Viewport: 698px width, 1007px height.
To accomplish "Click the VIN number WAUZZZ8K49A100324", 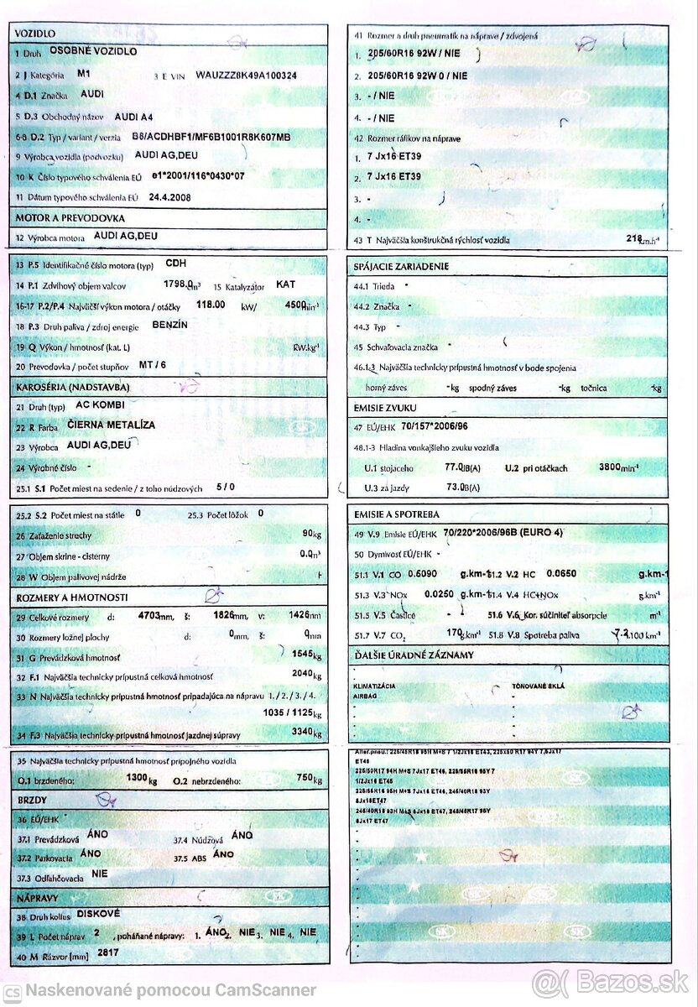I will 246,75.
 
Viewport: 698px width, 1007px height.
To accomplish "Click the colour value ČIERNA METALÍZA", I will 111,425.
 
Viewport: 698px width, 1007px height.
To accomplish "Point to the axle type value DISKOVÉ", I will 99,912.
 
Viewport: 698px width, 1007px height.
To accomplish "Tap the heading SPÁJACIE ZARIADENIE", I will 402,267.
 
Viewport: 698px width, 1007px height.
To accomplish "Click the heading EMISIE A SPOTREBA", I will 397,514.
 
